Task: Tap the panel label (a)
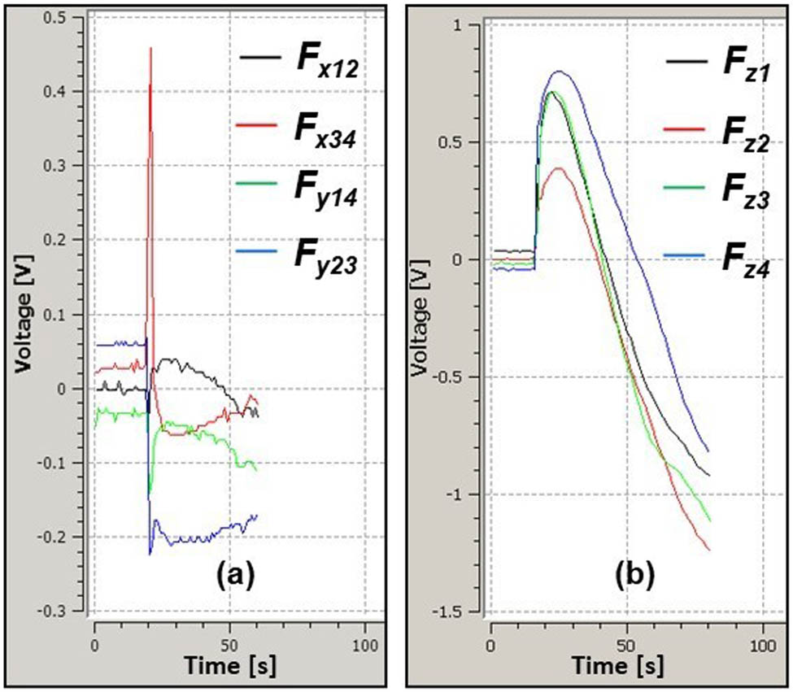point(235,575)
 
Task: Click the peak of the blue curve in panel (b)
point(559,72)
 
